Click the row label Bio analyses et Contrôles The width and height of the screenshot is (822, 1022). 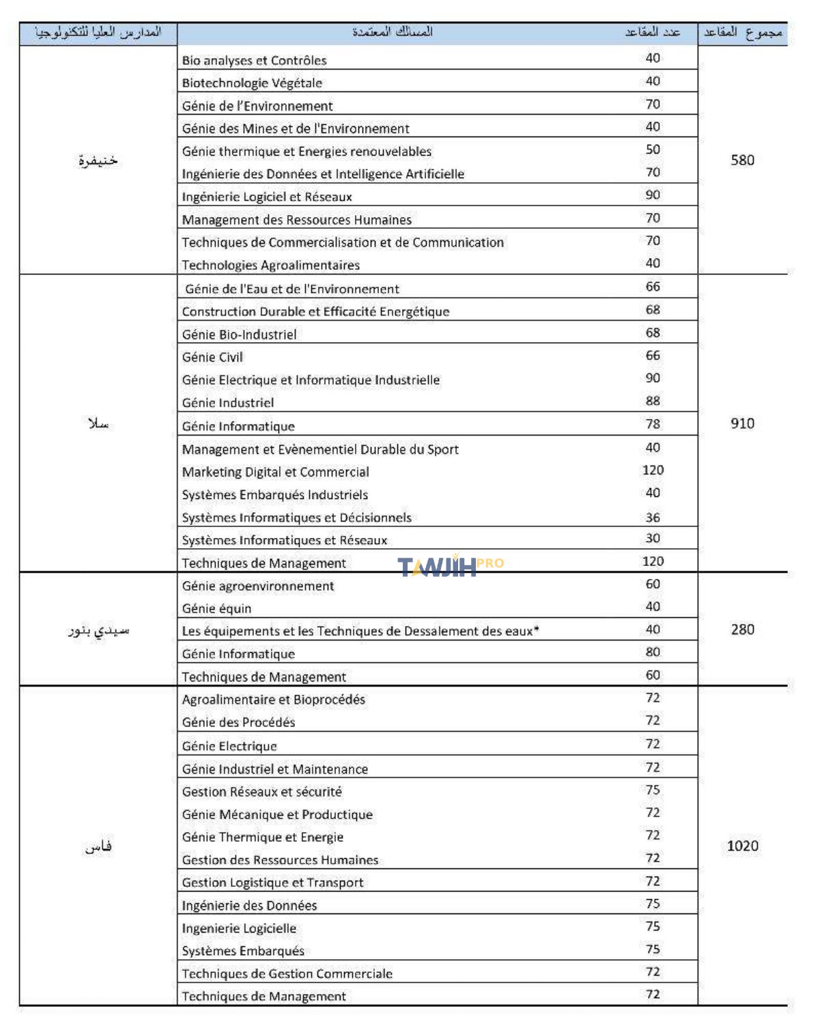click(x=254, y=60)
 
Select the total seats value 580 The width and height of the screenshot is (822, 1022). click(x=742, y=160)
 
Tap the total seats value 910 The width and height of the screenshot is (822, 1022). click(x=742, y=423)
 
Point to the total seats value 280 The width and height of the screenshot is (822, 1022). click(x=742, y=629)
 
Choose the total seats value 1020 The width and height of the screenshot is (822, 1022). click(x=742, y=846)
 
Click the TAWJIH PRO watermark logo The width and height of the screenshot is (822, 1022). click(x=450, y=566)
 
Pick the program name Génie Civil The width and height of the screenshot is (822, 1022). click(x=212, y=357)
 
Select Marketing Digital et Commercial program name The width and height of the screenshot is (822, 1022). click(x=275, y=472)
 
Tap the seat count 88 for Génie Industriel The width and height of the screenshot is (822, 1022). click(x=653, y=401)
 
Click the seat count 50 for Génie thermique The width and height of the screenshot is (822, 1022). click(x=653, y=150)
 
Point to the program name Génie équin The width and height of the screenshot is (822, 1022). click(x=216, y=608)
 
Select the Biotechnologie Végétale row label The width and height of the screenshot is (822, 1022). click(x=252, y=83)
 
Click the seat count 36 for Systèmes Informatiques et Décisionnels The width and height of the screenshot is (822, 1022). click(x=653, y=517)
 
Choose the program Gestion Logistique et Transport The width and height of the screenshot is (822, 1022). click(x=272, y=882)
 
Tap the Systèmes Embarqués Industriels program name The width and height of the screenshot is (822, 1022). click(x=274, y=494)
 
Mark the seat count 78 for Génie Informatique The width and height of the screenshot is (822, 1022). click(x=653, y=424)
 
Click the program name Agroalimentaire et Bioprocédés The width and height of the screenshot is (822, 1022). click(x=273, y=699)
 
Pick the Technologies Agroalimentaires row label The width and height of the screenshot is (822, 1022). click(x=270, y=265)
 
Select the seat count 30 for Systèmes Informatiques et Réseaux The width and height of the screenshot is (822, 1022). click(x=653, y=538)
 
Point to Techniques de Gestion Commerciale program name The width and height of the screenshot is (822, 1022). click(x=287, y=974)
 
